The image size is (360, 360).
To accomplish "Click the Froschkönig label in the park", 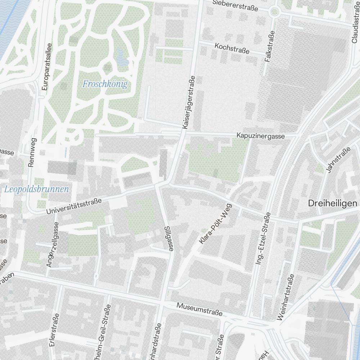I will point(105,84).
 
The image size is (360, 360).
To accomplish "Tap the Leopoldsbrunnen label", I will point(36,189).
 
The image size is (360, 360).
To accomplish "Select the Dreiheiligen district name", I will point(333,203).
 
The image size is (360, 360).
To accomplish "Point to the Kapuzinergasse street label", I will point(260,136).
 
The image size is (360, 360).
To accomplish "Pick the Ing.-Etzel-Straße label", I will point(263,239).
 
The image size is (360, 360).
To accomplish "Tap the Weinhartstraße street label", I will point(285,297).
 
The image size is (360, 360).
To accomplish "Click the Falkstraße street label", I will point(269,46).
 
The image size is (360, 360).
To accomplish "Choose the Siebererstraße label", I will point(235,5).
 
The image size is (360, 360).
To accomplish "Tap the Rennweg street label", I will point(32,152).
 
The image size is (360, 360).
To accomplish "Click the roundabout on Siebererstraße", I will point(275,12).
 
